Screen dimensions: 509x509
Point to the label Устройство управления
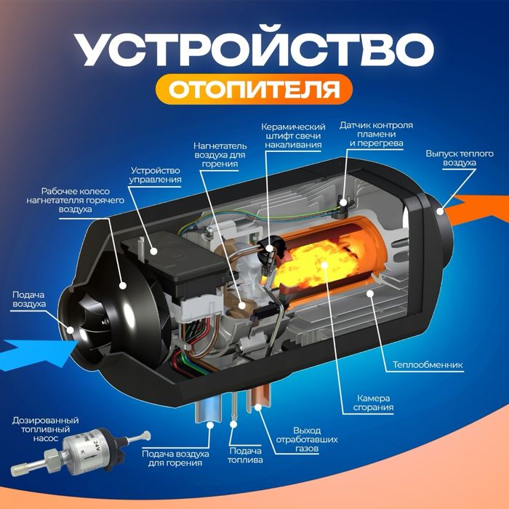point(155,174)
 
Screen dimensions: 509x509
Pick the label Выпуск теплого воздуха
point(450,159)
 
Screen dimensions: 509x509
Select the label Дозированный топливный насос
point(43,430)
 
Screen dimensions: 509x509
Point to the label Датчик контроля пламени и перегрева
point(376,135)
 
